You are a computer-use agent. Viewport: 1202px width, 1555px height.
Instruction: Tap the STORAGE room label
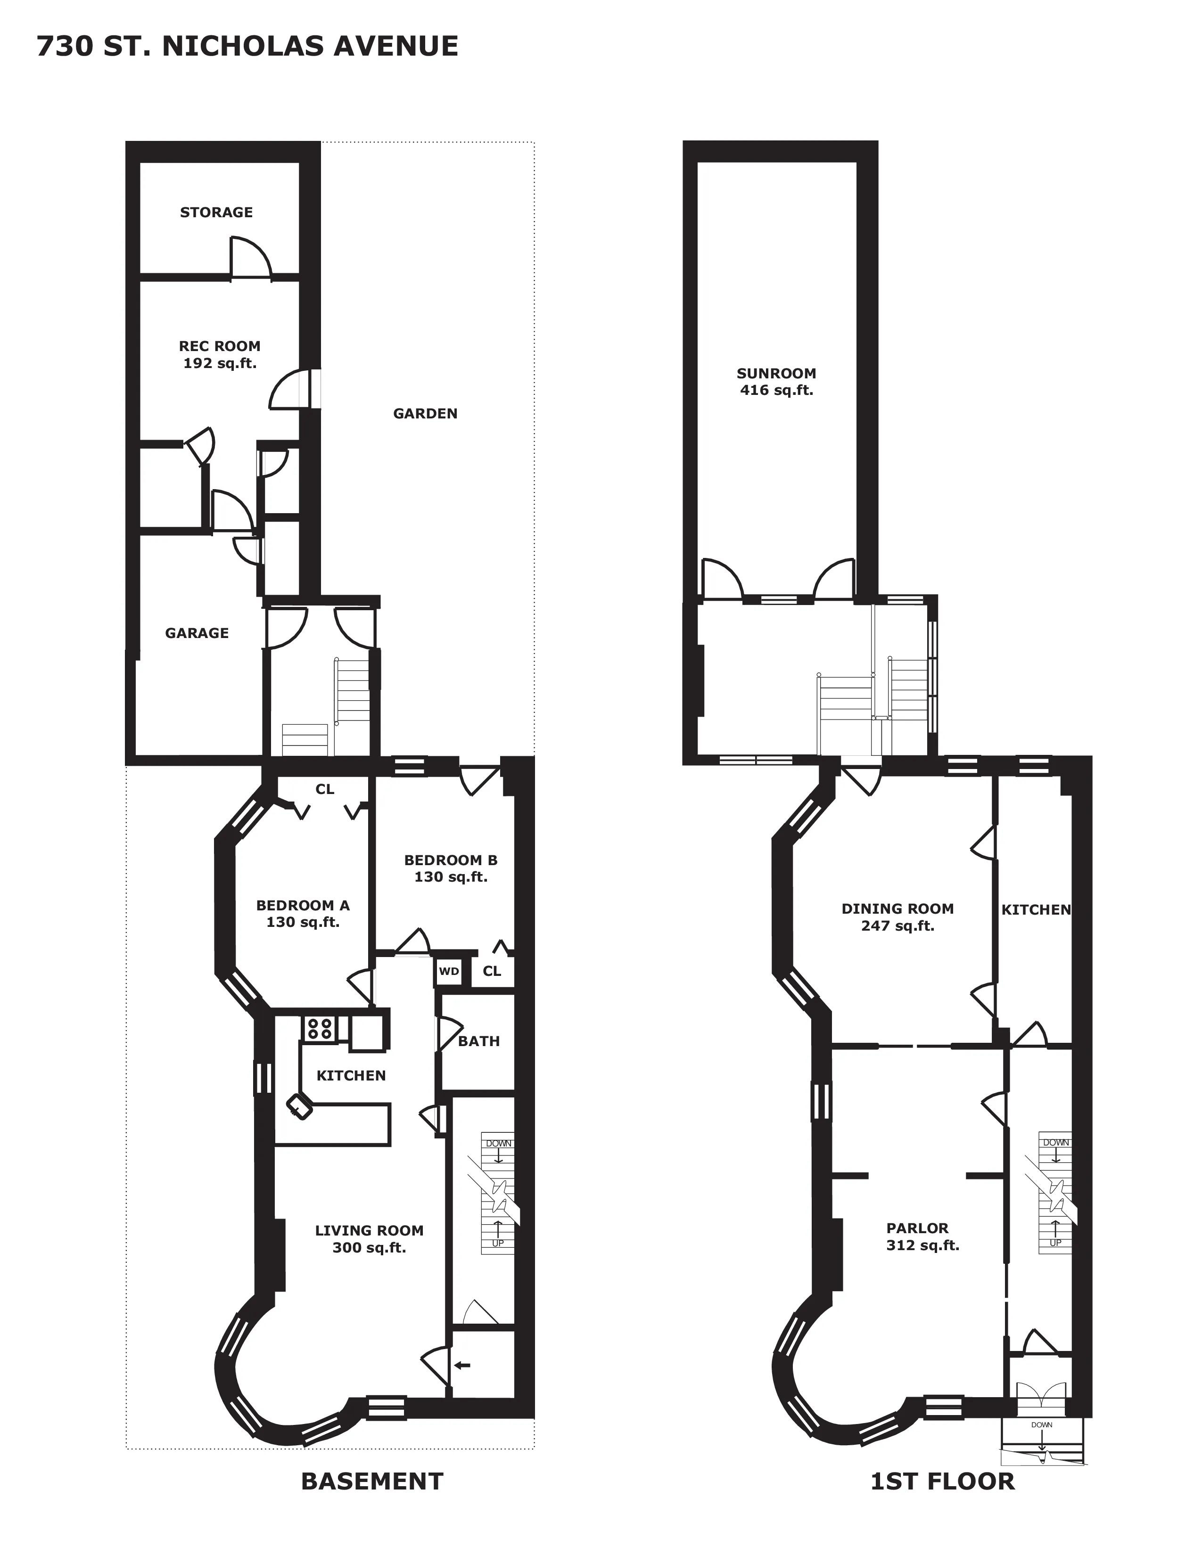(216, 212)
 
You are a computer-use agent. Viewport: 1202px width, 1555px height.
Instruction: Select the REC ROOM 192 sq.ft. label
(219, 354)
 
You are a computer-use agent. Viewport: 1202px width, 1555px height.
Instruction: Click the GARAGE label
(197, 633)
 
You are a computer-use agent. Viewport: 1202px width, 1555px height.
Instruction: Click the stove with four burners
(320, 1028)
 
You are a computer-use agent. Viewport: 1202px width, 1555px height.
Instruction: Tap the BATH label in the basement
(478, 1041)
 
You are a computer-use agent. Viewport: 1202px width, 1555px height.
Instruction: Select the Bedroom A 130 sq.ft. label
(303, 914)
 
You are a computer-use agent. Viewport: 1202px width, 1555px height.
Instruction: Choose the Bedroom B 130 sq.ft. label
(451, 868)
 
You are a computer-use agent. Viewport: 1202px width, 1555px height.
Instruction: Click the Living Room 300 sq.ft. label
(369, 1239)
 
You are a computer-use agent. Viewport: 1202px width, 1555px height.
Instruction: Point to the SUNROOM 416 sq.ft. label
(776, 382)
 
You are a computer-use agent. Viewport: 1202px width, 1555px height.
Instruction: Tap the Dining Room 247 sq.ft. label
(897, 917)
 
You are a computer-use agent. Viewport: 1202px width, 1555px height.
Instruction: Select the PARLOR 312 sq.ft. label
(922, 1237)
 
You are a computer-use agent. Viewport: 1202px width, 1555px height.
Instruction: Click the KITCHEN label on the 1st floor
(1036, 910)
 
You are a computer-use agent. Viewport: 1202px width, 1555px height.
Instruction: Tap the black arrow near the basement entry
(463, 1365)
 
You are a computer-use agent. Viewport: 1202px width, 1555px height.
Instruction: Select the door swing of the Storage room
(250, 258)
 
